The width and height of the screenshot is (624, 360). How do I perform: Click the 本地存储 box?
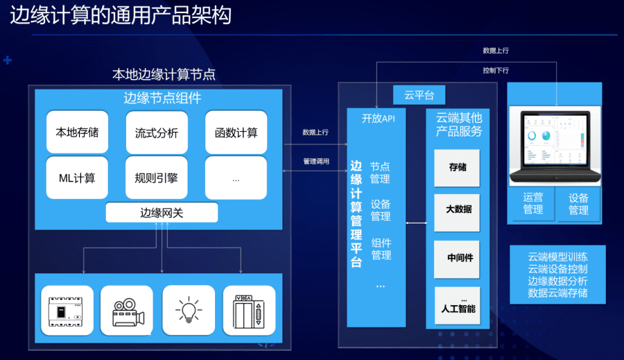coord(77,132)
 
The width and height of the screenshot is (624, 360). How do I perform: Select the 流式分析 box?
coord(157,132)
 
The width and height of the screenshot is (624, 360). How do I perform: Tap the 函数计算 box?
coord(236,132)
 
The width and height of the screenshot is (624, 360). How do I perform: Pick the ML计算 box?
coord(77,178)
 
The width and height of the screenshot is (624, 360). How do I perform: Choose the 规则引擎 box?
coord(157,178)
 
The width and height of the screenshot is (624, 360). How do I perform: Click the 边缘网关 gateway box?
coord(162,213)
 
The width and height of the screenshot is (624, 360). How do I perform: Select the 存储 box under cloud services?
coord(457,168)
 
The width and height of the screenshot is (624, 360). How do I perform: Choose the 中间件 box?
coord(457,257)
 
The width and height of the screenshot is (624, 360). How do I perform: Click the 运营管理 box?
coord(533,204)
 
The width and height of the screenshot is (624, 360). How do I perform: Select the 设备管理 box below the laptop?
coord(578,204)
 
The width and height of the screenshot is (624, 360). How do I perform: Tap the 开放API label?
coord(379,118)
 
